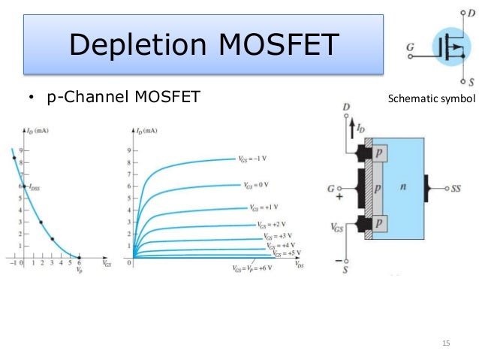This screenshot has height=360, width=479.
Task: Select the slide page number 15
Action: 446,343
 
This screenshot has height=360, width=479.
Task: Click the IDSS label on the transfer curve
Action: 35,189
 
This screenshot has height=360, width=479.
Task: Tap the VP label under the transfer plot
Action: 79,268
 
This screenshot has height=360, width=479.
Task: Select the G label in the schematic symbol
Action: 410,47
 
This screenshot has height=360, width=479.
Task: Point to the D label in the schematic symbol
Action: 469,12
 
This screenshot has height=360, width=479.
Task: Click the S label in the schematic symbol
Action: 469,81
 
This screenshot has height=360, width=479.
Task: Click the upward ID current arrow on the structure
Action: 351,134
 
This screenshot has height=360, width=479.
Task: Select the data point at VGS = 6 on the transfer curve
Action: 79,258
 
